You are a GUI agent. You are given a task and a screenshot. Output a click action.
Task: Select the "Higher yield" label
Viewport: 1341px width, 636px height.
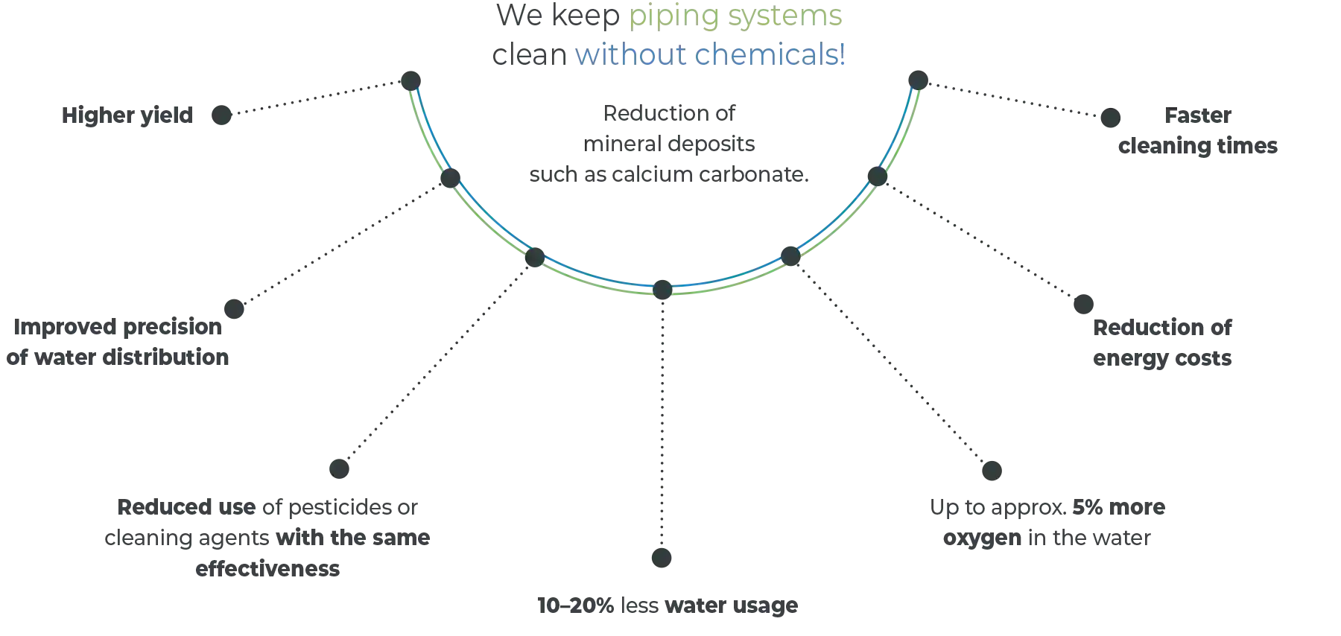coord(128,116)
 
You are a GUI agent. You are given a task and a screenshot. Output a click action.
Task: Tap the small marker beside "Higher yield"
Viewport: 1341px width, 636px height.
coord(220,115)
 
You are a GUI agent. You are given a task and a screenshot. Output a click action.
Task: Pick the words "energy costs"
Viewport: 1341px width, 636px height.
coord(1162,360)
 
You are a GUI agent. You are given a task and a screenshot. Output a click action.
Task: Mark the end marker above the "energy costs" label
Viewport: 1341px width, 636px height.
coord(1084,304)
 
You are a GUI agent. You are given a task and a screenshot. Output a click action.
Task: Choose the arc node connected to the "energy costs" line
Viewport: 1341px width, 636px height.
coord(877,177)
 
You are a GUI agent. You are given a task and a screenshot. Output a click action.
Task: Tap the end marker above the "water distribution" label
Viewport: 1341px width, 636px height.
coord(235,308)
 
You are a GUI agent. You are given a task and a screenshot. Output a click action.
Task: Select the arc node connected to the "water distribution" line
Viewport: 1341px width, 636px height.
coord(448,179)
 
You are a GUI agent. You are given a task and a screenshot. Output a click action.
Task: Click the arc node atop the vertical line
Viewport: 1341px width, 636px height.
coord(662,287)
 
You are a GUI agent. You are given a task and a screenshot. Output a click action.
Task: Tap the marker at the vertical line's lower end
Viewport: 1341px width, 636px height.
coord(662,557)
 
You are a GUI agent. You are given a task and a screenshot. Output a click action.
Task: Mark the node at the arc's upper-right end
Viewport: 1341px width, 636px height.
coord(918,77)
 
